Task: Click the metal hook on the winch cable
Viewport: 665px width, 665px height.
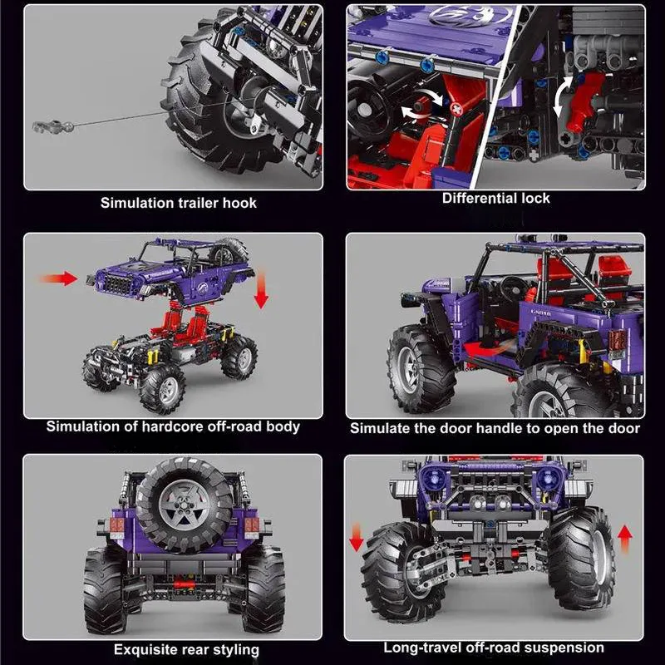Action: pos(45,126)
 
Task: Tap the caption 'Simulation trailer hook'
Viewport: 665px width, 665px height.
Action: pos(179,202)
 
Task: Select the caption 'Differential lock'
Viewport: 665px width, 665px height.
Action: pos(495,198)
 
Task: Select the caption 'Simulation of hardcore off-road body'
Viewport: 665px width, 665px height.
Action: pos(173,426)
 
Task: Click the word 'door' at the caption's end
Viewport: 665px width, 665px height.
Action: pos(623,428)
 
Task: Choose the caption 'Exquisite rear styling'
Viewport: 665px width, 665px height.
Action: pos(186,649)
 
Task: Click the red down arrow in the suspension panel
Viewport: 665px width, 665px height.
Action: pos(357,538)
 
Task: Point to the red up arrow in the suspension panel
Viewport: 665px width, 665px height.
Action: pos(624,539)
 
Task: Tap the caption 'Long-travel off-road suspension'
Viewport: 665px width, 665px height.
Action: pos(494,648)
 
